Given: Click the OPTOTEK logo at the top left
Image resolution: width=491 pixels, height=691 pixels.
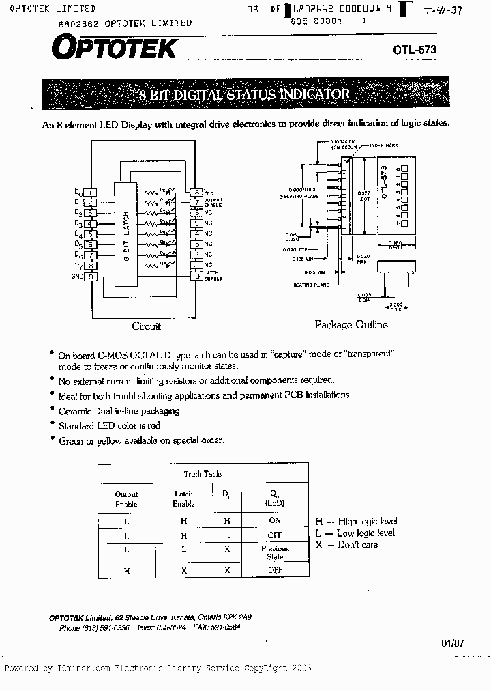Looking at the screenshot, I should [113, 48].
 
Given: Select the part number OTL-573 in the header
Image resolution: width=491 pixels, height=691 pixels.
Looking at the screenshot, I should [414, 50].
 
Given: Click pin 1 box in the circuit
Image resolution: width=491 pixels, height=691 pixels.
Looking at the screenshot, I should [91, 193].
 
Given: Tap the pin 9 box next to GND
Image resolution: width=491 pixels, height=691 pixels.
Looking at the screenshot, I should [91, 277].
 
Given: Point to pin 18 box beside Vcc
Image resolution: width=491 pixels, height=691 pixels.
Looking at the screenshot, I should [196, 193].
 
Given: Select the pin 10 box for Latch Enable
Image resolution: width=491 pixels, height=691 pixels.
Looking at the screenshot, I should [196, 276].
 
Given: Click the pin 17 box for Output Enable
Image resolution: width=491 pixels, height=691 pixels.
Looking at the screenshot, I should [196, 203].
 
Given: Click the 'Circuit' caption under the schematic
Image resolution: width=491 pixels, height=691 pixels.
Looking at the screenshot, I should [146, 326].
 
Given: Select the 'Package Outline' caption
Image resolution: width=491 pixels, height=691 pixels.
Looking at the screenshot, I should [351, 325].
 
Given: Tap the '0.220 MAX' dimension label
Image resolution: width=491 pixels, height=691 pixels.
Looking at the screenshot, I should [362, 259].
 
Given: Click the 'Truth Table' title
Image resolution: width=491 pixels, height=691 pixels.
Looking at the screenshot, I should [203, 474].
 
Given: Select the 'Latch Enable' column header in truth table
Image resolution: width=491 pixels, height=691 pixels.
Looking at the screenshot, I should [183, 498].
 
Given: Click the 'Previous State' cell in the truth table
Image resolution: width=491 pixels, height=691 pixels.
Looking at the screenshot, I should [275, 552].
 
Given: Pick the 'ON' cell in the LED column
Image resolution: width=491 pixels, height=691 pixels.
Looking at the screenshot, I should [275, 520].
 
